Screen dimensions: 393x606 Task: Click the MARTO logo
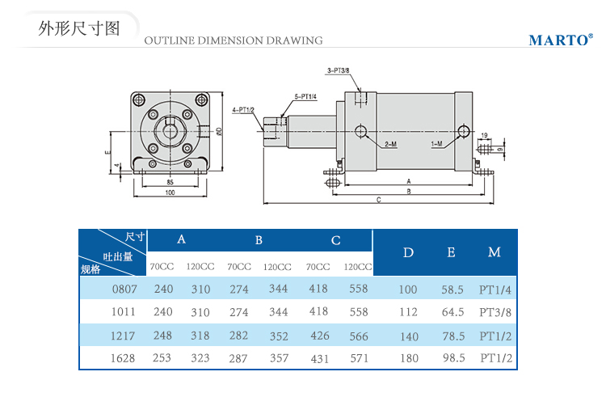pyautogui.click(x=560, y=40)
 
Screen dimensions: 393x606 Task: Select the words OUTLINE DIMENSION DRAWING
pyautogui.click(x=233, y=40)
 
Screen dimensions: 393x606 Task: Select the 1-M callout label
pyautogui.click(x=436, y=143)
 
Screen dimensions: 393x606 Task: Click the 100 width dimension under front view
pyautogui.click(x=170, y=192)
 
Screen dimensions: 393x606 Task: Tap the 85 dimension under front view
pyautogui.click(x=170, y=182)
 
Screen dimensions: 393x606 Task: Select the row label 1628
pyautogui.click(x=124, y=357)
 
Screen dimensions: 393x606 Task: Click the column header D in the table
pyautogui.click(x=408, y=253)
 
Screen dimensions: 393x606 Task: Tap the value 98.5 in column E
pyautogui.click(x=452, y=357)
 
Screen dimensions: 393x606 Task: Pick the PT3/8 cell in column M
pyautogui.click(x=496, y=311)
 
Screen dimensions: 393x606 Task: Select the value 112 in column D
pyautogui.click(x=408, y=311)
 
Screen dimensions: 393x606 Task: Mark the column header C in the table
pyautogui.click(x=336, y=240)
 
